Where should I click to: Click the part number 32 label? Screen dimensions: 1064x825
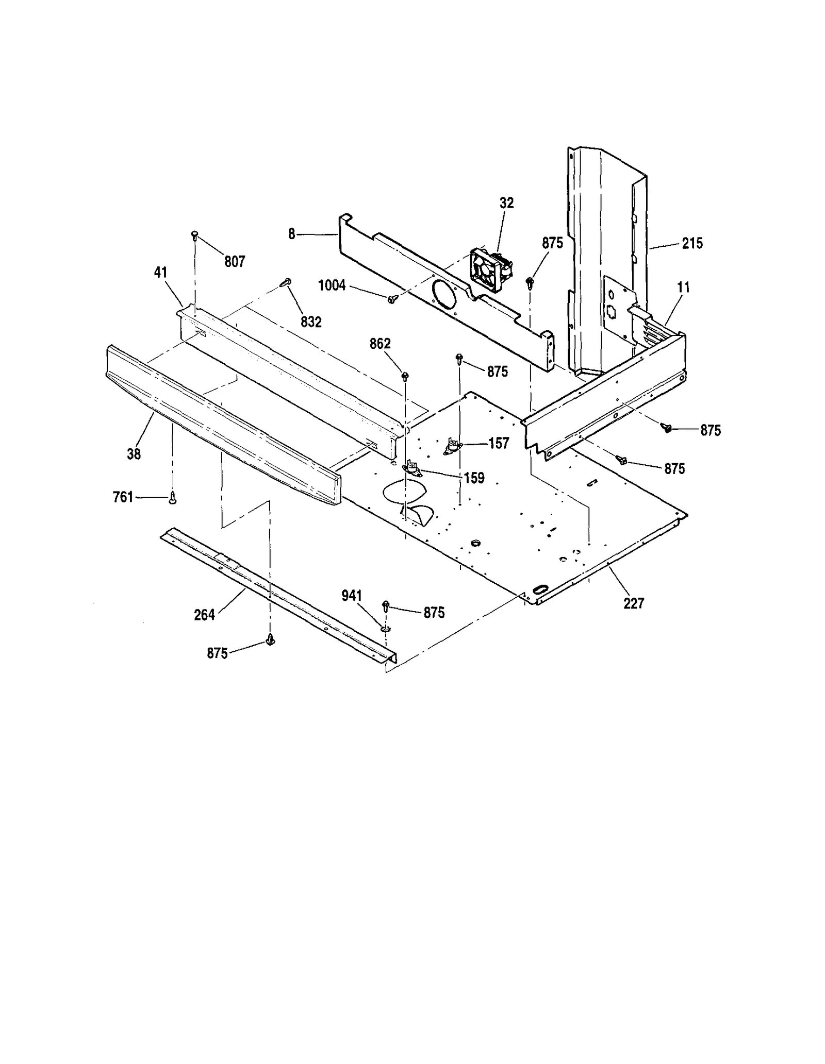506,203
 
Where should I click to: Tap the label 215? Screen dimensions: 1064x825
692,243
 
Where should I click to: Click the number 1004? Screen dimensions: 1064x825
332,285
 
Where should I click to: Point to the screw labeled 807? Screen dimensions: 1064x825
195,236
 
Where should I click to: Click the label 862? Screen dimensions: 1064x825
380,344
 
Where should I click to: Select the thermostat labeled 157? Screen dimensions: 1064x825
452,446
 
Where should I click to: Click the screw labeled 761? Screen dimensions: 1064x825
173,497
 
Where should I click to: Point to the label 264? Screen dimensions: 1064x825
204,615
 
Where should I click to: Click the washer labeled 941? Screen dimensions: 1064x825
386,629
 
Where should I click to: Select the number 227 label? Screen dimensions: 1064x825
633,603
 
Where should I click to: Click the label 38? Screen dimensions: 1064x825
134,454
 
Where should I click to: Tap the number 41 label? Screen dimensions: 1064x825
161,272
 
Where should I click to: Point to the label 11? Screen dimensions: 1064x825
683,288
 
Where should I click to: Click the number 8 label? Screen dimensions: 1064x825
292,234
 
